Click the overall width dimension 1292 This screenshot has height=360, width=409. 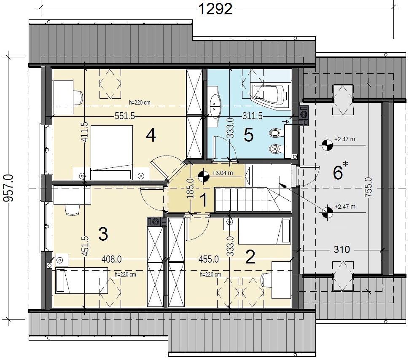pos(215,9)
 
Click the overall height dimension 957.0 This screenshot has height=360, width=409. pos(8,188)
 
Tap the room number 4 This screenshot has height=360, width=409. pos(151,135)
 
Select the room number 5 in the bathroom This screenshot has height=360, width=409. pos(248,135)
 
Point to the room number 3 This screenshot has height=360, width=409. pos(103,234)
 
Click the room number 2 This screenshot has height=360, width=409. pos(250,257)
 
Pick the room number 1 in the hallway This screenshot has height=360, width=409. pos(204,200)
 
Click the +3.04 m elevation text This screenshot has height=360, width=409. pos(223,173)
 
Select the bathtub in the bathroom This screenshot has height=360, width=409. pos(270,95)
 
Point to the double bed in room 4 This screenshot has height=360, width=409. pos(112,152)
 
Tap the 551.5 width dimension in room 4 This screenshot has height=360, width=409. pos(125,116)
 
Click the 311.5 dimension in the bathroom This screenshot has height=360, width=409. pos(253,116)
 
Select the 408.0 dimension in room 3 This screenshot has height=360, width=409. pos(111,259)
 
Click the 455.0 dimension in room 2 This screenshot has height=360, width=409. pos(209,259)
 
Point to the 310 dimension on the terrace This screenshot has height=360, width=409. pos(342,250)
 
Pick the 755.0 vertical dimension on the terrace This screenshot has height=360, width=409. pos(369,187)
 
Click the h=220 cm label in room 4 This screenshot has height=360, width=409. pos(140,102)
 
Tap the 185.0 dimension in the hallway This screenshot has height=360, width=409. pos(190,188)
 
